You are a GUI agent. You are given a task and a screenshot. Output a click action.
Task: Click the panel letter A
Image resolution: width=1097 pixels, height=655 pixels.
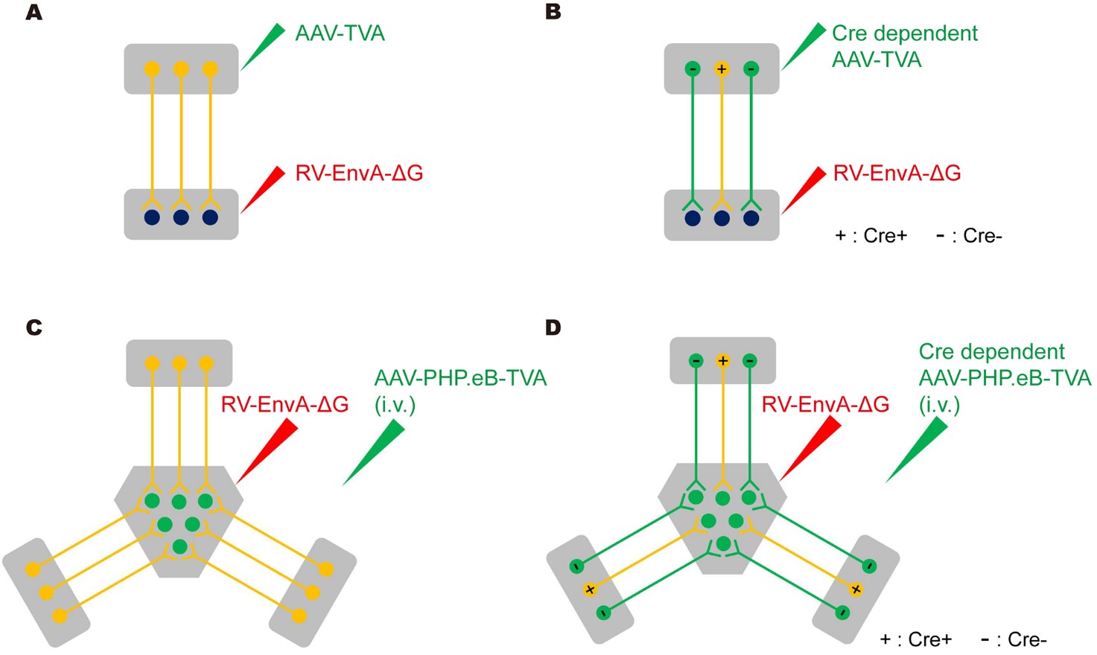coord(34,13)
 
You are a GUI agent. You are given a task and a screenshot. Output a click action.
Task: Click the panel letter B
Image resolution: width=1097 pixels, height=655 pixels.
coord(553,13)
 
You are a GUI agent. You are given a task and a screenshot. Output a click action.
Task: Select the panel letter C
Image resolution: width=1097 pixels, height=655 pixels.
coord(34,327)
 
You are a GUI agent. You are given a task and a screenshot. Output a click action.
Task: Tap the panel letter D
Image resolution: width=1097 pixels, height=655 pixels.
coord(553,327)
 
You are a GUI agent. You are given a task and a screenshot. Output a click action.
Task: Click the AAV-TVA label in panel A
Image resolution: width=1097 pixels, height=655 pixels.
coord(340,33)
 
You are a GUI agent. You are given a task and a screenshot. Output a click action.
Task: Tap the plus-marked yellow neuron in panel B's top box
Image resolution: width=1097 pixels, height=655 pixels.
coord(721,69)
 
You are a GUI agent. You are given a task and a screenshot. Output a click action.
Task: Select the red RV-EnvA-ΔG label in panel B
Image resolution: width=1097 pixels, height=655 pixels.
coord(897,173)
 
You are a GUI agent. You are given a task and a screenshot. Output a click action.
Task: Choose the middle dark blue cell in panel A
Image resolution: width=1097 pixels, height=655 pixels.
coord(181,217)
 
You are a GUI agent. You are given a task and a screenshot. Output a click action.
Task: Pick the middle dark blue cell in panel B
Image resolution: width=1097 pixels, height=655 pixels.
coord(721,218)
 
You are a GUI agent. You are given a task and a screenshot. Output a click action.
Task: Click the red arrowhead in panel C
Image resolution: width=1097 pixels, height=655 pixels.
coord(267,451)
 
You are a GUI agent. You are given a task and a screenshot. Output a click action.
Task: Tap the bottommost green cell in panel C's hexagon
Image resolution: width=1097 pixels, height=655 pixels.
coord(179,547)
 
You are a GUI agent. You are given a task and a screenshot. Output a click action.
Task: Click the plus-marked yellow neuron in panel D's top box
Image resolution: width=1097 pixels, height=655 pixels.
coord(722,361)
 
